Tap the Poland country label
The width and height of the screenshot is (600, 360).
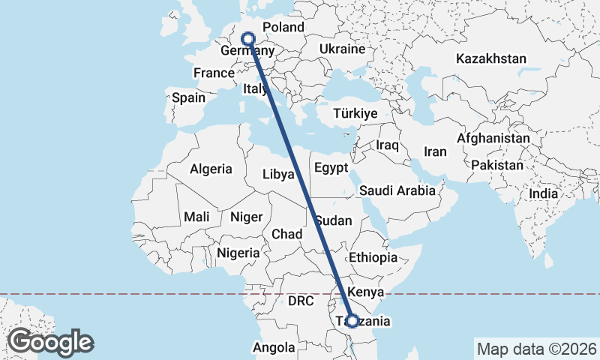coord(283,28)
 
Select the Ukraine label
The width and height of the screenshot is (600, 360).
coord(342,49)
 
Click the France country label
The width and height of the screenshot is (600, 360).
coord(214,73)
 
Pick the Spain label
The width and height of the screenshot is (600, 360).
coord(188,97)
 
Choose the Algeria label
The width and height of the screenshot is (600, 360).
coord(211,169)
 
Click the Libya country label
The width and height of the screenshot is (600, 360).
coord(278,174)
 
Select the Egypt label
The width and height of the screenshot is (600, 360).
coord(331,166)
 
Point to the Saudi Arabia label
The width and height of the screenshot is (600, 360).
coord(397,190)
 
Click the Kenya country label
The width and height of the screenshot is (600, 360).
coord(367,292)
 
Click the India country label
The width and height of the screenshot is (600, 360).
coord(543,193)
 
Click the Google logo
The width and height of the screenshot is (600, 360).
coord(50,342)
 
